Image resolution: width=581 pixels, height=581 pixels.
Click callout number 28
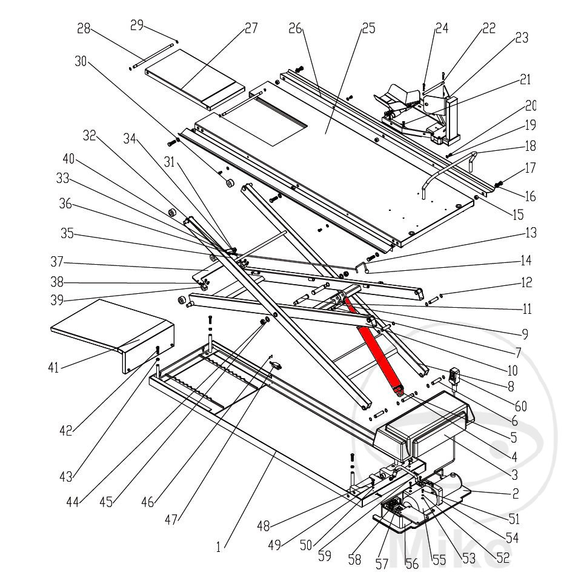(84, 28)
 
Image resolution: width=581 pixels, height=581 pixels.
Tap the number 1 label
(219, 547)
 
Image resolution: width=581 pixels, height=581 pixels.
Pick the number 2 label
(515, 494)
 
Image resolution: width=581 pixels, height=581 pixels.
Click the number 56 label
(412, 562)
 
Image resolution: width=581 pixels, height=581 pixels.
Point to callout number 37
(58, 264)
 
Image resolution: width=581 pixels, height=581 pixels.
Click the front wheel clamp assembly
(418, 112)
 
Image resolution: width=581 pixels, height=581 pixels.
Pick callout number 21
(525, 79)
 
